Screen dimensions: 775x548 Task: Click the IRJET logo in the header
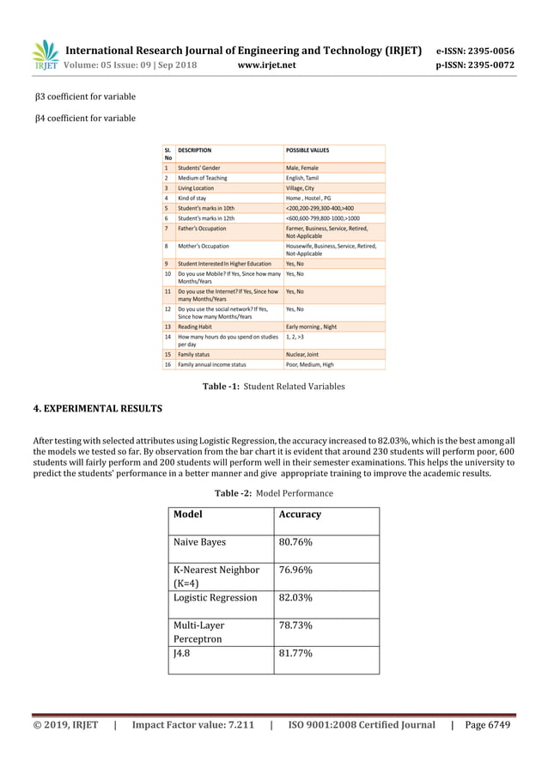(x=46, y=55)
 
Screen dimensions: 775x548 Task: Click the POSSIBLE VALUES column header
(x=307, y=150)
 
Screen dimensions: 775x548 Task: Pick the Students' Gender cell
(x=198, y=168)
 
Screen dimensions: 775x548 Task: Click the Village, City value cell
(x=300, y=188)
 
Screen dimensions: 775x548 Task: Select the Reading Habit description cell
(x=197, y=327)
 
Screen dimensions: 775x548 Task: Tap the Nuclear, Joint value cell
(x=303, y=354)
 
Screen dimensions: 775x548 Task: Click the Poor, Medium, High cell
(x=309, y=365)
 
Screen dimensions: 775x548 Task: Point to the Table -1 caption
(x=273, y=387)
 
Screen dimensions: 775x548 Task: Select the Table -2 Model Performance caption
(x=273, y=493)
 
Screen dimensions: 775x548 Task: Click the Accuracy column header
(x=300, y=515)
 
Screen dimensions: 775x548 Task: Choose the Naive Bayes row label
(x=199, y=543)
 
